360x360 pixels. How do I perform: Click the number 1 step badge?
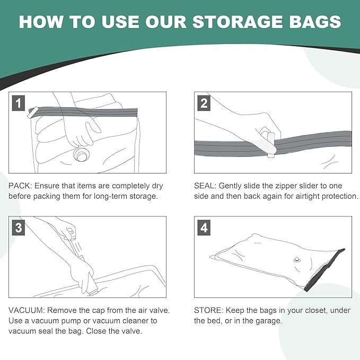click(x=19, y=103)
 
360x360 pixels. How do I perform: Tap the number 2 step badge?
click(x=204, y=103)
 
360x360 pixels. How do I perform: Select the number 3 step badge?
click(x=19, y=228)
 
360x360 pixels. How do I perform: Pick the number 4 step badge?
click(x=204, y=228)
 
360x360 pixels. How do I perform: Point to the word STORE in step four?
click(x=207, y=310)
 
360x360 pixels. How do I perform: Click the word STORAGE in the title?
click(x=238, y=22)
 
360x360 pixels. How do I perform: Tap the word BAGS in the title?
click(x=315, y=22)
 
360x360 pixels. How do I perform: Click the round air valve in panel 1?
click(x=81, y=155)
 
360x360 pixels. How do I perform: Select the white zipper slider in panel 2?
click(x=270, y=145)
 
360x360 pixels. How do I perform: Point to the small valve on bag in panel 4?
click(x=297, y=260)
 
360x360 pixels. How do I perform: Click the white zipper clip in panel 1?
click(x=32, y=112)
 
